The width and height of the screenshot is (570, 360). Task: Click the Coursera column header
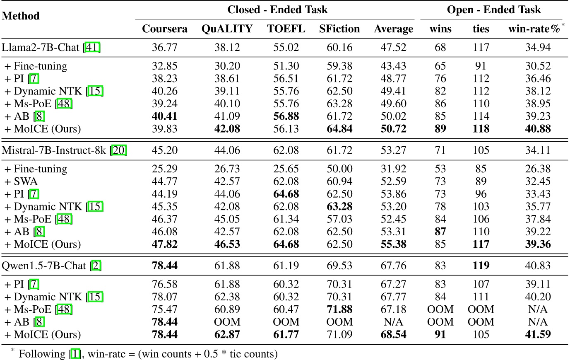(164, 29)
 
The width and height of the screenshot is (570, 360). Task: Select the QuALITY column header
(227, 29)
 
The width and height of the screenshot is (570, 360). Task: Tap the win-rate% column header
(534, 29)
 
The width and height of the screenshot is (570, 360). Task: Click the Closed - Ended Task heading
(277, 10)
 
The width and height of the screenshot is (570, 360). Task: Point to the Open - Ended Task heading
(494, 10)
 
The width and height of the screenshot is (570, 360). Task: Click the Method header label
(21, 16)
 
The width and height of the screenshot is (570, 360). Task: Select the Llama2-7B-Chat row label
(40, 47)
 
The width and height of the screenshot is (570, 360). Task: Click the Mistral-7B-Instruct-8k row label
(54, 150)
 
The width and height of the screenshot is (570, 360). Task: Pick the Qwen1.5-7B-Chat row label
(43, 266)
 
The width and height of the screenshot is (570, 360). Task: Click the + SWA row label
(21, 181)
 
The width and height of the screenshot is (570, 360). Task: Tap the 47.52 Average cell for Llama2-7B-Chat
(393, 47)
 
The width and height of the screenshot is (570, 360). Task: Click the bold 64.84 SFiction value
(339, 129)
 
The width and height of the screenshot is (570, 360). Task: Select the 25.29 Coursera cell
(164, 169)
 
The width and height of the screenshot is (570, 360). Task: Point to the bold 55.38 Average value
(393, 244)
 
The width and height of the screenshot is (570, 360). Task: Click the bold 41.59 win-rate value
(538, 334)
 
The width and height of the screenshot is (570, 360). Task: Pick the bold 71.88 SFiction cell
(339, 309)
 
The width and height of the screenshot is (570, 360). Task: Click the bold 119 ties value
(481, 266)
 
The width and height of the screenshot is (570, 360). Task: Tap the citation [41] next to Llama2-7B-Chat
(92, 47)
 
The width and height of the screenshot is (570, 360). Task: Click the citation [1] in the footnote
(75, 354)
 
